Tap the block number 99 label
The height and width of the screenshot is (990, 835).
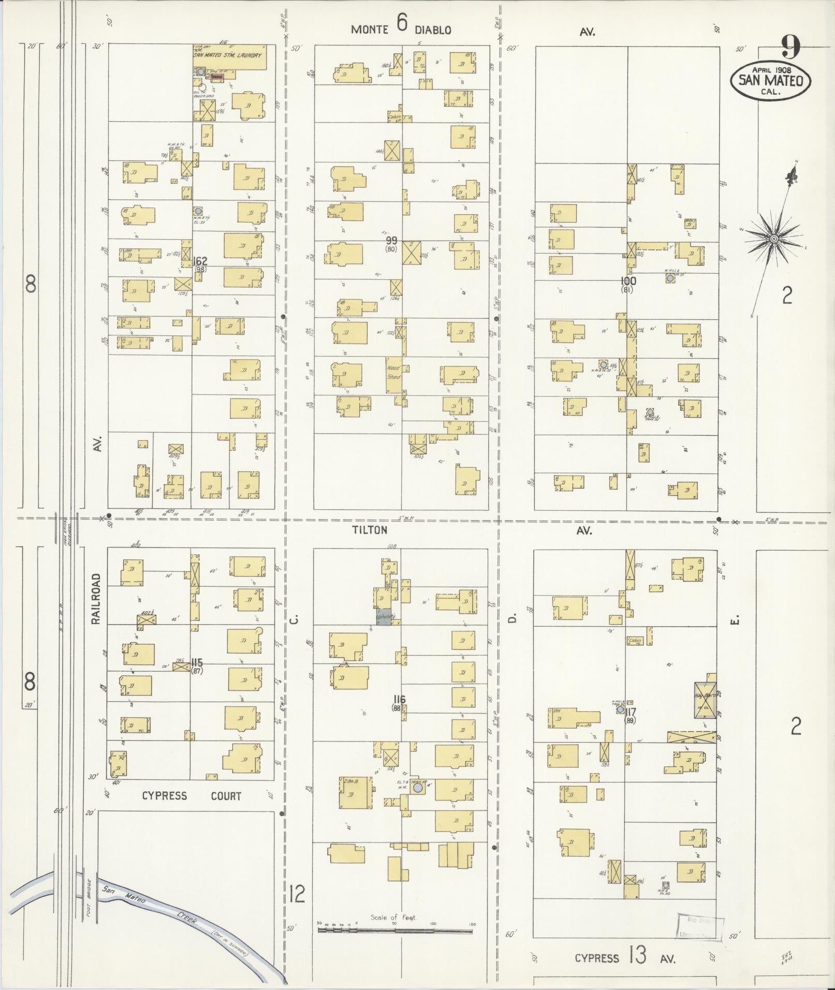tap(392, 241)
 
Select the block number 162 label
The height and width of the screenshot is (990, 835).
tap(200, 261)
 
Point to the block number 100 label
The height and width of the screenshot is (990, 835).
tap(629, 281)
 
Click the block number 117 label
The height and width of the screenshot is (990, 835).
tap(629, 712)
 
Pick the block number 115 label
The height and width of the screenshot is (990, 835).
tap(196, 663)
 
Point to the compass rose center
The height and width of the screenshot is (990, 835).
tap(773, 239)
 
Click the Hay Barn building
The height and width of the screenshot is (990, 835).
tap(706, 700)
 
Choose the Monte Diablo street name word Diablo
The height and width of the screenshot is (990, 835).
tap(433, 30)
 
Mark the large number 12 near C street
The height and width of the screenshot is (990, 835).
tap(297, 894)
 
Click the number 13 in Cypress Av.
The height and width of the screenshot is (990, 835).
tap(637, 955)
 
